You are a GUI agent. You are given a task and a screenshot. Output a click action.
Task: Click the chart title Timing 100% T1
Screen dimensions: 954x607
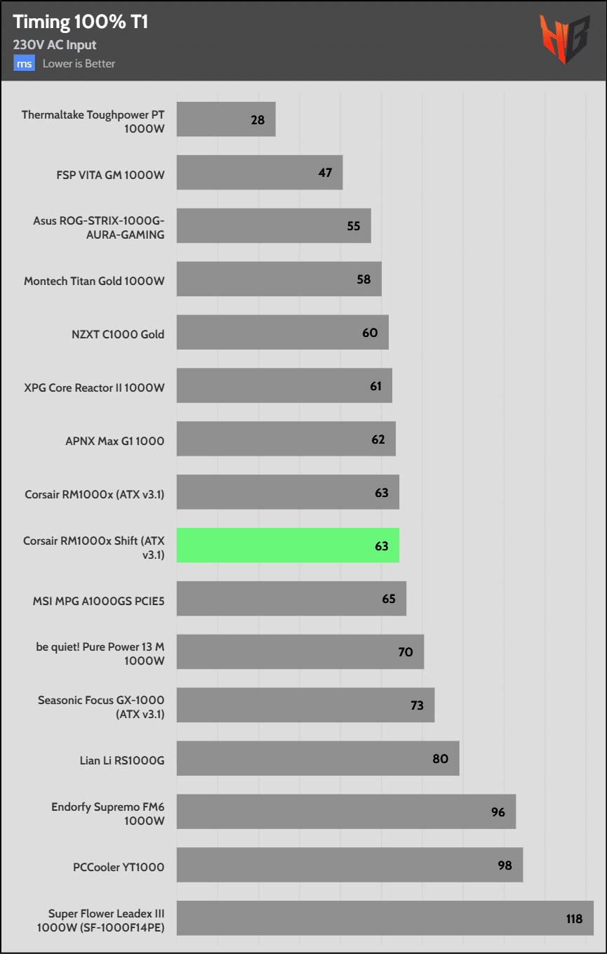pyautogui.click(x=81, y=22)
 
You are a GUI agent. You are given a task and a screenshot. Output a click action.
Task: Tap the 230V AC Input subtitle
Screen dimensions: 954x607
pyautogui.click(x=55, y=45)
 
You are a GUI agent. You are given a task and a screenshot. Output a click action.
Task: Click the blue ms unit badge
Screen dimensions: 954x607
pyautogui.click(x=25, y=63)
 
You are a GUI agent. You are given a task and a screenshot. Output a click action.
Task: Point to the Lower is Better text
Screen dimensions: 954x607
pyautogui.click(x=79, y=63)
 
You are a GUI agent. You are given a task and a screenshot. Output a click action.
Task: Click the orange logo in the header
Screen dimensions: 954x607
pyautogui.click(x=565, y=40)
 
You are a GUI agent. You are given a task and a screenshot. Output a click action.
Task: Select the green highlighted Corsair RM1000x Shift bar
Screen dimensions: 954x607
pyautogui.click(x=288, y=545)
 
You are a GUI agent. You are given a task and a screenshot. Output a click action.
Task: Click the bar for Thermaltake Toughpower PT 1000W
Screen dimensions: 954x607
pyautogui.click(x=225, y=119)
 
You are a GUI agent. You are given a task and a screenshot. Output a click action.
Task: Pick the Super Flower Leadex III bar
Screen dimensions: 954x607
pyautogui.click(x=385, y=918)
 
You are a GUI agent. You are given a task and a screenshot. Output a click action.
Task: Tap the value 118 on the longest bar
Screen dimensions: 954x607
pyautogui.click(x=574, y=918)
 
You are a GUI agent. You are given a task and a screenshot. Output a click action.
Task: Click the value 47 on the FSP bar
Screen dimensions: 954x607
pyautogui.click(x=325, y=172)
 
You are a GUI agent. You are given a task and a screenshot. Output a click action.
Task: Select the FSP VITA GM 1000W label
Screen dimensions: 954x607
pyautogui.click(x=111, y=175)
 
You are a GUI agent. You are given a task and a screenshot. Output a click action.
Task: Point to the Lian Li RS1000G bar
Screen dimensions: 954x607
pyautogui.click(x=317, y=759)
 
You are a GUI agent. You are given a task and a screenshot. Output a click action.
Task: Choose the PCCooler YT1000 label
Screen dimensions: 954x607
pyautogui.click(x=119, y=867)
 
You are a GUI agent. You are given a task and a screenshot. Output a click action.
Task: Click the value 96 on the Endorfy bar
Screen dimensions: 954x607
pyautogui.click(x=498, y=812)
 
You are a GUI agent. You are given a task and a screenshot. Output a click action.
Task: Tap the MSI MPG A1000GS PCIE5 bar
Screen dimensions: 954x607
pyautogui.click(x=291, y=599)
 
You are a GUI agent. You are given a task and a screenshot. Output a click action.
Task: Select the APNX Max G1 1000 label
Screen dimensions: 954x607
pyautogui.click(x=114, y=441)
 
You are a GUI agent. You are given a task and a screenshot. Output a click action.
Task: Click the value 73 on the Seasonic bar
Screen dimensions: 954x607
pyautogui.click(x=417, y=705)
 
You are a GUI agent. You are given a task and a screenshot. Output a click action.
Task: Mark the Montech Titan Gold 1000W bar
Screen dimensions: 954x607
pyautogui.click(x=279, y=279)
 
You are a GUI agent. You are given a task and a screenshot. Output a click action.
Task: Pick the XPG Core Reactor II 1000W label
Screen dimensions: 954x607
pyautogui.click(x=94, y=387)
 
